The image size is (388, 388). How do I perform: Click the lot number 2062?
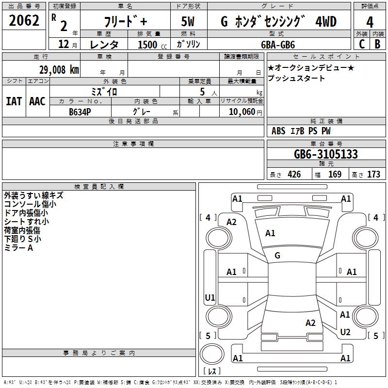tap(24, 21)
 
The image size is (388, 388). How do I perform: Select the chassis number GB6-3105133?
tap(326, 154)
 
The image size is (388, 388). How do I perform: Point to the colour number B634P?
tap(80, 111)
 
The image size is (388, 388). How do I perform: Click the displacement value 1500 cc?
tap(150, 45)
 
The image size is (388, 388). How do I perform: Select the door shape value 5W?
tap(188, 22)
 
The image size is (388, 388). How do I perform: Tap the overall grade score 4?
tap(370, 22)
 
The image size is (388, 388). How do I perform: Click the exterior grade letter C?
tap(361, 44)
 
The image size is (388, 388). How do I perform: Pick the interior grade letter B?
tap(377, 44)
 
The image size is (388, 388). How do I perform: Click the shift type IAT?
tap(15, 101)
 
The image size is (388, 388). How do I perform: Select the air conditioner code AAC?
tap(37, 101)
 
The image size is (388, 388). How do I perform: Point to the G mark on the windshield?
tap(277, 255)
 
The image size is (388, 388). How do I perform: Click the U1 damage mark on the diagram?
tap(210, 298)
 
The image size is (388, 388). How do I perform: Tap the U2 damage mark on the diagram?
tap(345, 332)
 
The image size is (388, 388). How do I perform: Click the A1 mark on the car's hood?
tap(270, 233)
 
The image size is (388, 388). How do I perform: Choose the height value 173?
tap(374, 175)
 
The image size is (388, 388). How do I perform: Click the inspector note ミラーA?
tap(18, 248)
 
